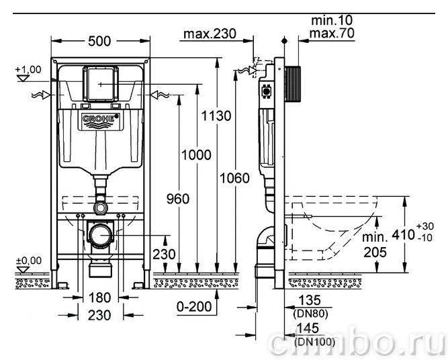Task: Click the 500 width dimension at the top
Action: coord(99,41)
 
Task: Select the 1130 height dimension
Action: coord(216,116)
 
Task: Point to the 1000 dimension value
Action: coord(197,155)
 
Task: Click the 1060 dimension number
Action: coord(234,178)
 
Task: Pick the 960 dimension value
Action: coord(178,199)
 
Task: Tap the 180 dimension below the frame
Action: coord(99,298)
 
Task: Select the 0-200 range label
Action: coord(194,307)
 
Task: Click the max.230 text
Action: coord(210,34)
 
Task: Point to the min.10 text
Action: coord(332,20)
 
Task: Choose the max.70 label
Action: coord(332,33)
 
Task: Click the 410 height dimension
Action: coord(404,235)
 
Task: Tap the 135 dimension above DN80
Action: coord(310,300)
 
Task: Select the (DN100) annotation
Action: coord(314,342)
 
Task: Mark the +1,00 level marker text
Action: coord(28,69)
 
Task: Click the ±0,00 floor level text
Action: coord(29,261)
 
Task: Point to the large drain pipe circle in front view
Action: coord(101,236)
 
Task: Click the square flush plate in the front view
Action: coord(100,84)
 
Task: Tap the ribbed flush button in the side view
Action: coord(293,84)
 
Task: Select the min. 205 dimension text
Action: coord(375,244)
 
